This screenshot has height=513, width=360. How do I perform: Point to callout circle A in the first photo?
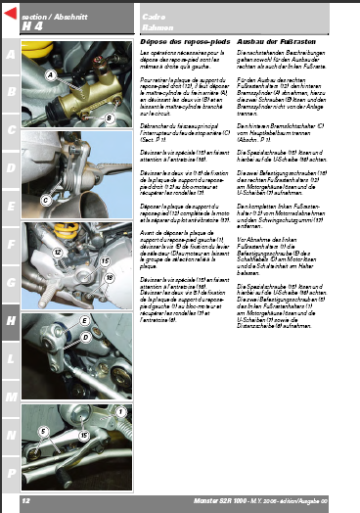(51, 74)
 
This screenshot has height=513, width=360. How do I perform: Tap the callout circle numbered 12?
(58, 252)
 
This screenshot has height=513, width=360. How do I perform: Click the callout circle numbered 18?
(109, 278)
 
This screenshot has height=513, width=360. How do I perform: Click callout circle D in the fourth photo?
(85, 337)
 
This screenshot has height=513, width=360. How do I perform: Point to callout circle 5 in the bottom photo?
(43, 430)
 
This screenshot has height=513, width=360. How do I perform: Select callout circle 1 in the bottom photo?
(119, 412)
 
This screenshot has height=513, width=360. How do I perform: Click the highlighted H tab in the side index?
(11, 320)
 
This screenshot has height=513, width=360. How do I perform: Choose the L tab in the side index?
(11, 358)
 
